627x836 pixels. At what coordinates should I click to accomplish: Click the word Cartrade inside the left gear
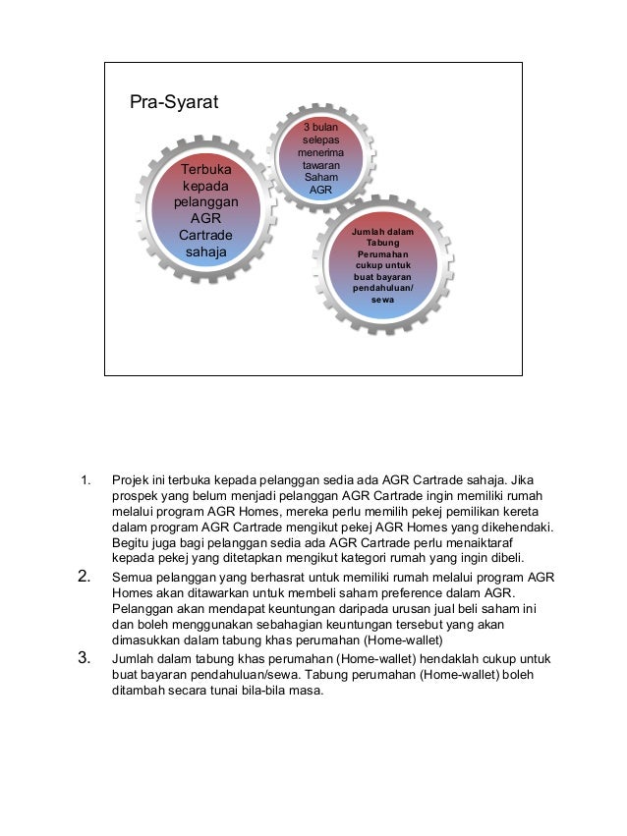205,236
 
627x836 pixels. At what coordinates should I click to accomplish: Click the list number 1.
85,480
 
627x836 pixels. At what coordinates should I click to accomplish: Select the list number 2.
85,576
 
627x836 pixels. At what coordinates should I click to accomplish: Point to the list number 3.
85,657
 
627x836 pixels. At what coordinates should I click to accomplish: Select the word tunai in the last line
225,690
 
